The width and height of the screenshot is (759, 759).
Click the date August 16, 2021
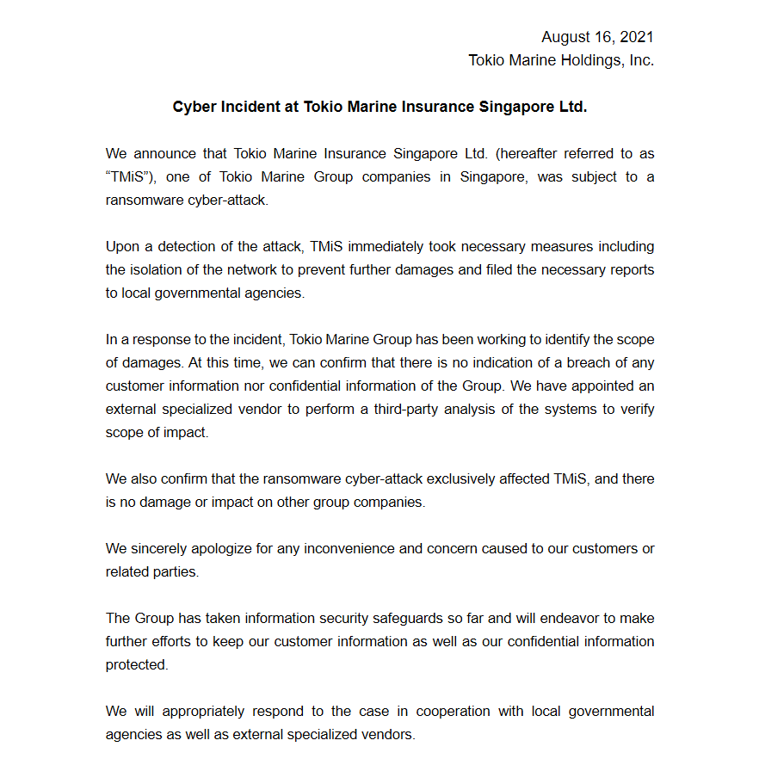pyautogui.click(x=597, y=37)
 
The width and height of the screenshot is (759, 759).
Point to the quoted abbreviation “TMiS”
pyautogui.click(x=128, y=176)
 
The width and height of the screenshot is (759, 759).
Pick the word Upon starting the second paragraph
pyautogui.click(x=123, y=246)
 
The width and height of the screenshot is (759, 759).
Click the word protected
pyautogui.click(x=137, y=664)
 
